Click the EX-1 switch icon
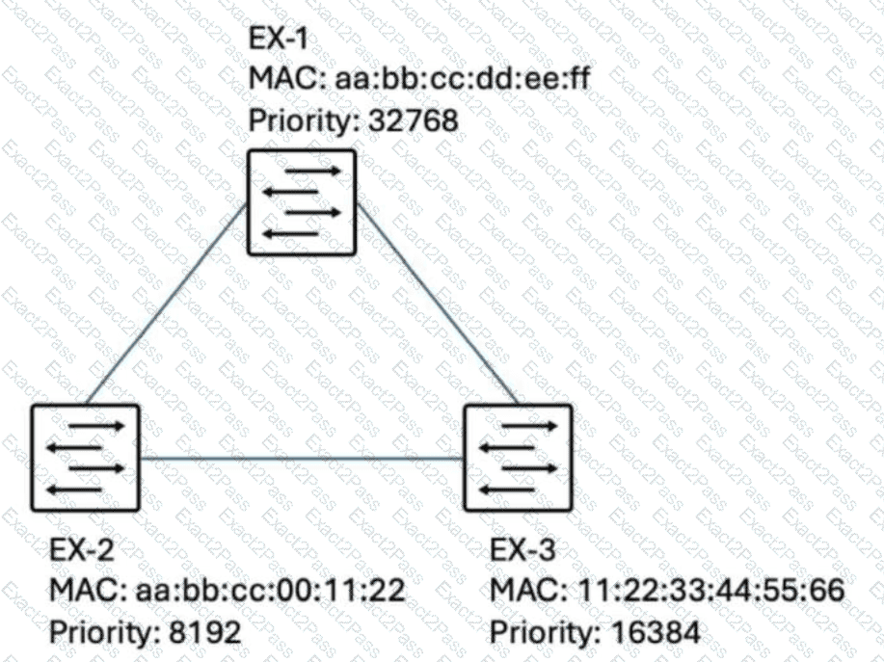(302, 202)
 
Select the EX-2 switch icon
(85, 458)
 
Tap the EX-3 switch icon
(518, 458)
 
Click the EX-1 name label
(279, 39)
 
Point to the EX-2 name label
(82, 549)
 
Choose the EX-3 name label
(522, 549)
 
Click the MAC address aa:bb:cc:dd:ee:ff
(463, 78)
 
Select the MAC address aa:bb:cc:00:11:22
(271, 590)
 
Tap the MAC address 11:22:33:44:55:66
(710, 590)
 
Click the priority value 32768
(414, 120)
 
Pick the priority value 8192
(205, 631)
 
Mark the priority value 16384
(656, 631)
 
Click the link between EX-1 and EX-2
(167, 304)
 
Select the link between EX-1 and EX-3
(438, 304)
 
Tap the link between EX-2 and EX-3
(302, 459)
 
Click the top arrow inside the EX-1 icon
(313, 171)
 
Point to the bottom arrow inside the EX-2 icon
(74, 490)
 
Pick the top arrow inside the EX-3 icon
(529, 426)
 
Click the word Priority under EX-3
(544, 632)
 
